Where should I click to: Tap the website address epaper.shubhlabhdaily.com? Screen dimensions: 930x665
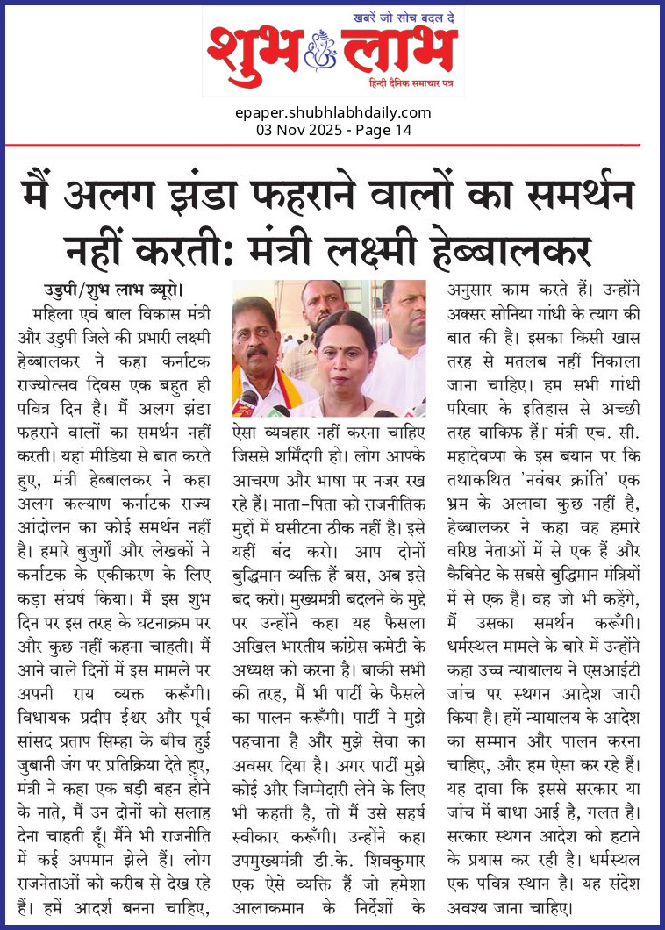coord(332,112)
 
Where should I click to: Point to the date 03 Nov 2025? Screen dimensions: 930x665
coord(296,130)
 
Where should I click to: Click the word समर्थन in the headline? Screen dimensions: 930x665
coord(578,191)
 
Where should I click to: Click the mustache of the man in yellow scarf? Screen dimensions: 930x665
coord(258,351)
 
